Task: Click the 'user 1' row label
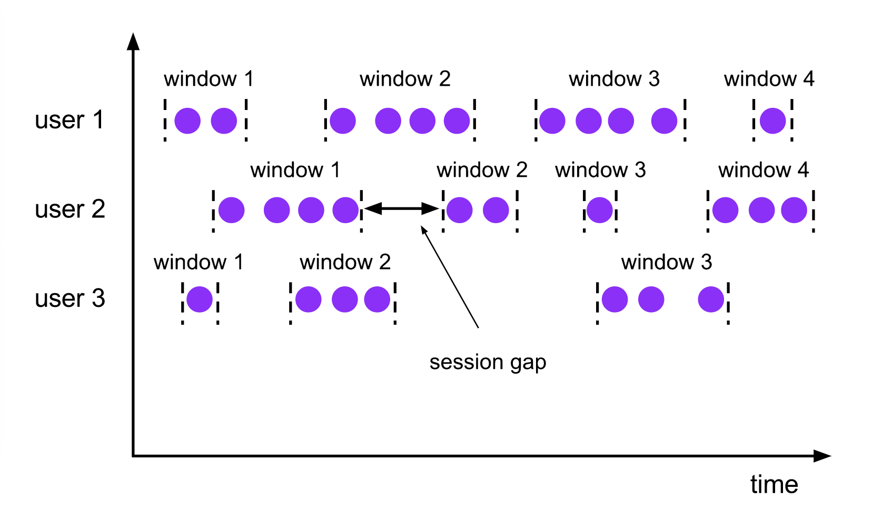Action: pos(69,120)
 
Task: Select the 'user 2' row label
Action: pos(70,209)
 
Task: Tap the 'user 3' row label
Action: pos(70,298)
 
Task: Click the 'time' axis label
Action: pos(774,484)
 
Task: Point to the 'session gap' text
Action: pos(488,362)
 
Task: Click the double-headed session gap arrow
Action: pos(401,209)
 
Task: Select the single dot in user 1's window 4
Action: pos(772,121)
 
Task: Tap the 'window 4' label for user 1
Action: pos(769,79)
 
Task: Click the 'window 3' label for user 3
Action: pos(666,262)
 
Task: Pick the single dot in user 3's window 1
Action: pos(200,299)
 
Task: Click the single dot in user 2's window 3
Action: pos(600,210)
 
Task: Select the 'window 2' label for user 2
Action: pos(482,170)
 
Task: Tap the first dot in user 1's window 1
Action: pos(187,121)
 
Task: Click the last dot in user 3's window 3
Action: pos(711,299)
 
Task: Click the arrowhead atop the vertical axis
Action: pos(133,42)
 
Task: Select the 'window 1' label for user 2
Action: pos(295,170)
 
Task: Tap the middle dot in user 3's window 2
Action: pos(344,299)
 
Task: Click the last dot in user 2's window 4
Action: pos(794,210)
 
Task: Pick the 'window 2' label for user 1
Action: pos(405,79)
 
